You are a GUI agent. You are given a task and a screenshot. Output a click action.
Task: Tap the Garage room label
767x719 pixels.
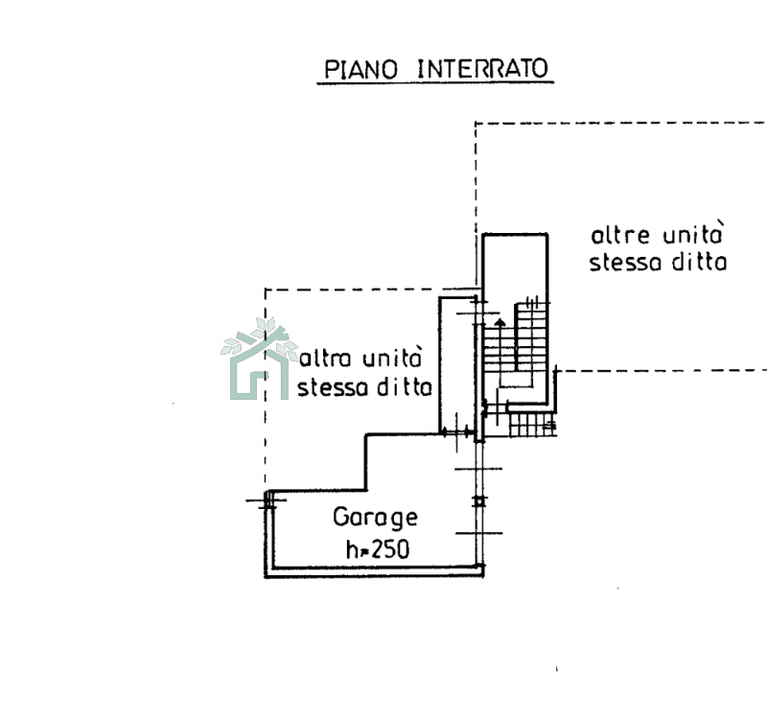click(x=376, y=518)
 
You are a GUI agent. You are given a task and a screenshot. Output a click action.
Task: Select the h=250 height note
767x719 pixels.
click(x=377, y=549)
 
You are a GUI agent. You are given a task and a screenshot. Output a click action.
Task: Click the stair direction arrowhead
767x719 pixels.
click(x=499, y=322)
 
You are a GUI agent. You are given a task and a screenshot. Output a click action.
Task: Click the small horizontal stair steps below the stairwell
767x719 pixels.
click(x=530, y=424)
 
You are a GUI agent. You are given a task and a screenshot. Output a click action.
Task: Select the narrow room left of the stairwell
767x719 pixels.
click(x=457, y=364)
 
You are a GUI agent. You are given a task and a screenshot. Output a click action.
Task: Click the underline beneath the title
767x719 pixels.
click(x=435, y=84)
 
